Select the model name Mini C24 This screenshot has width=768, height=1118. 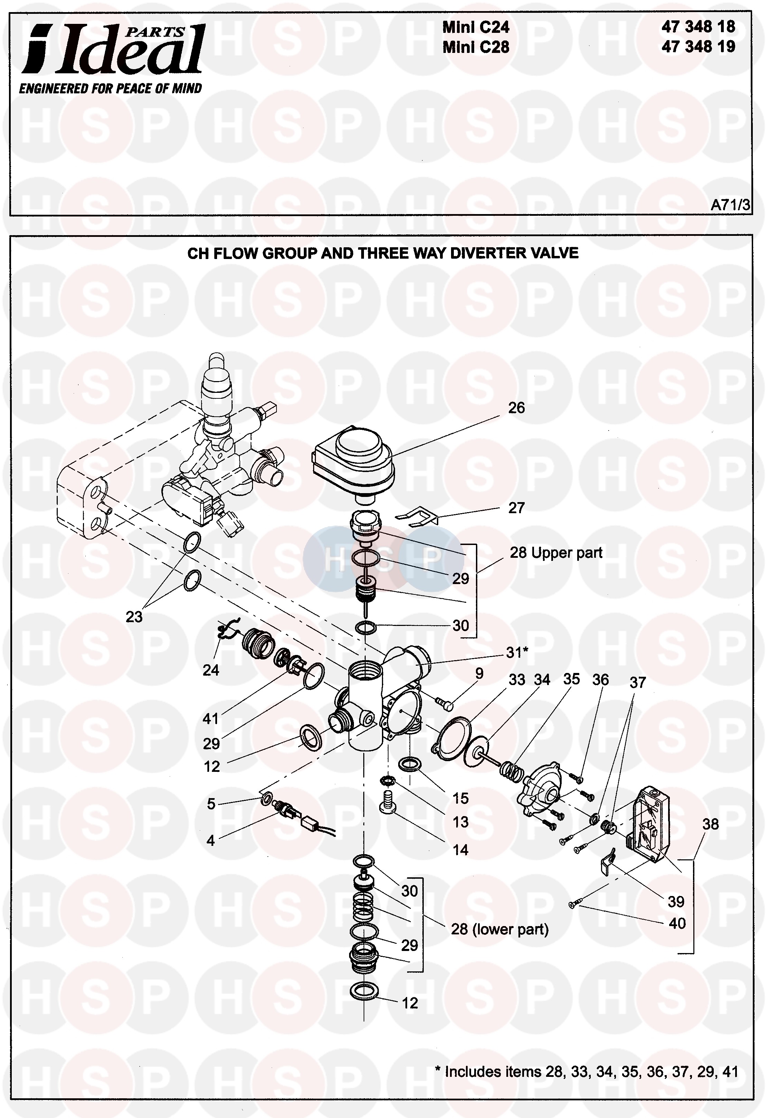coord(476,27)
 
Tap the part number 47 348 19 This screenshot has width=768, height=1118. coord(698,47)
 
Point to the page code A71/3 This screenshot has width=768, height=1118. coord(730,205)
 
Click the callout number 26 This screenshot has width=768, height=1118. coord(516,408)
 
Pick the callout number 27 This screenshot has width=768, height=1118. coord(516,508)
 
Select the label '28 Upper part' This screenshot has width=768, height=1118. coord(556,552)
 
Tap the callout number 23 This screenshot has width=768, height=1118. coord(134,617)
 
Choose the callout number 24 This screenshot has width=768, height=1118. coord(211,670)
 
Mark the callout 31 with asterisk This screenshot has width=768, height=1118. coord(517,653)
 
